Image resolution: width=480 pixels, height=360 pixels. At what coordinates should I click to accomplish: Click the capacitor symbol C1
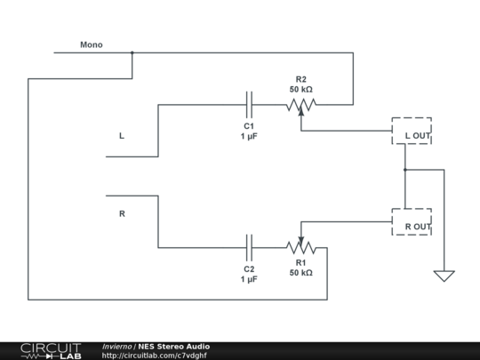click(249, 105)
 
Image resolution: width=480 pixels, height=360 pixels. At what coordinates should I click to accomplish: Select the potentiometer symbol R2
click(301, 106)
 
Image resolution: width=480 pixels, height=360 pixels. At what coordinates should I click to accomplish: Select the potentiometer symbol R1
click(301, 247)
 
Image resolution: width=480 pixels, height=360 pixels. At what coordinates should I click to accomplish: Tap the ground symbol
click(444, 276)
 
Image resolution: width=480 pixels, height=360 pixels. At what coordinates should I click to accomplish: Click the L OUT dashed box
click(412, 132)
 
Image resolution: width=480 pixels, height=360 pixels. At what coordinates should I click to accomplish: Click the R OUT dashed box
click(412, 222)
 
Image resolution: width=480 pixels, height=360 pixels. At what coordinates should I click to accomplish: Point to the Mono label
click(92, 44)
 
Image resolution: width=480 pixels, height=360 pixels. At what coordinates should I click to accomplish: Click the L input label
click(122, 136)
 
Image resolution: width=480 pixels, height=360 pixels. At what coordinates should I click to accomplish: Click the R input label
click(122, 213)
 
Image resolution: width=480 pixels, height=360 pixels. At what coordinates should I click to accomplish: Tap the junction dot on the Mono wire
click(132, 52)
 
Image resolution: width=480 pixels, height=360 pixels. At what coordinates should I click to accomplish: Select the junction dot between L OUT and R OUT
click(404, 169)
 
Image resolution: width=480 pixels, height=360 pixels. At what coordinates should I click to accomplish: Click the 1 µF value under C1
click(249, 137)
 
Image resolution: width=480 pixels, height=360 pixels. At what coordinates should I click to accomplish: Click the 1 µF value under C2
click(249, 278)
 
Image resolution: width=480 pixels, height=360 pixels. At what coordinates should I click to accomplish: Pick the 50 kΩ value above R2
click(300, 89)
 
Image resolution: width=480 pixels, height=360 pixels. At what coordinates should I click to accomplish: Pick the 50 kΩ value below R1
click(300, 273)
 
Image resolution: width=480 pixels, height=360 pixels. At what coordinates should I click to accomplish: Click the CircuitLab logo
click(51, 350)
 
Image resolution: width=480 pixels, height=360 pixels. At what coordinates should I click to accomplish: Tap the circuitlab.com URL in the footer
click(155, 356)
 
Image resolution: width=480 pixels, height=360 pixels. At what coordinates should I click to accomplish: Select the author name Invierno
click(117, 346)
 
